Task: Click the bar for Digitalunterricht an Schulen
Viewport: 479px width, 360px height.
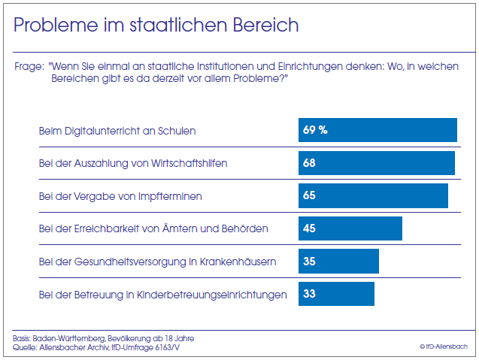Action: pyautogui.click(x=377, y=130)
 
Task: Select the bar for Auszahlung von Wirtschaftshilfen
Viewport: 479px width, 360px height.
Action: pyautogui.click(x=376, y=163)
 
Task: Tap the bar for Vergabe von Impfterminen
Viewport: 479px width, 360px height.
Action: pyautogui.click(x=373, y=195)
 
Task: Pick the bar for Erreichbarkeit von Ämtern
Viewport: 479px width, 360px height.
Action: pyautogui.click(x=350, y=228)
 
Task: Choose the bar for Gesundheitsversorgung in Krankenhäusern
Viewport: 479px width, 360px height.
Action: pyautogui.click(x=338, y=262)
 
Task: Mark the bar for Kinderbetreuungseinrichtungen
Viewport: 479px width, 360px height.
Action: pyautogui.click(x=336, y=294)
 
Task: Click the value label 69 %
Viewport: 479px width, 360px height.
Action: pyautogui.click(x=315, y=130)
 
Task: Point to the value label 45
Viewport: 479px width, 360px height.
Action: pyautogui.click(x=309, y=228)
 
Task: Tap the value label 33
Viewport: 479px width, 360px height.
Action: pyautogui.click(x=309, y=294)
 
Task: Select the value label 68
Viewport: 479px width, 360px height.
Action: pyautogui.click(x=309, y=163)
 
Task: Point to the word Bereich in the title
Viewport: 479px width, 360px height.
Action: pyautogui.click(x=264, y=26)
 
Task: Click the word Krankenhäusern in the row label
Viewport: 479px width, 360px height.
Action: pyautogui.click(x=237, y=262)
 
